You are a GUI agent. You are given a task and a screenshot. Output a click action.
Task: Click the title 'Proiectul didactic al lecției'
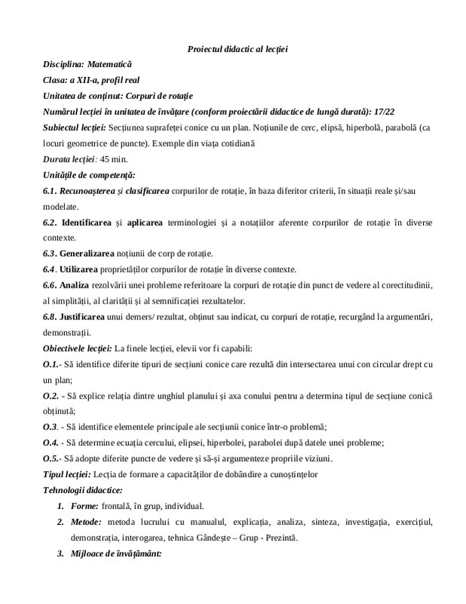238,50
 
